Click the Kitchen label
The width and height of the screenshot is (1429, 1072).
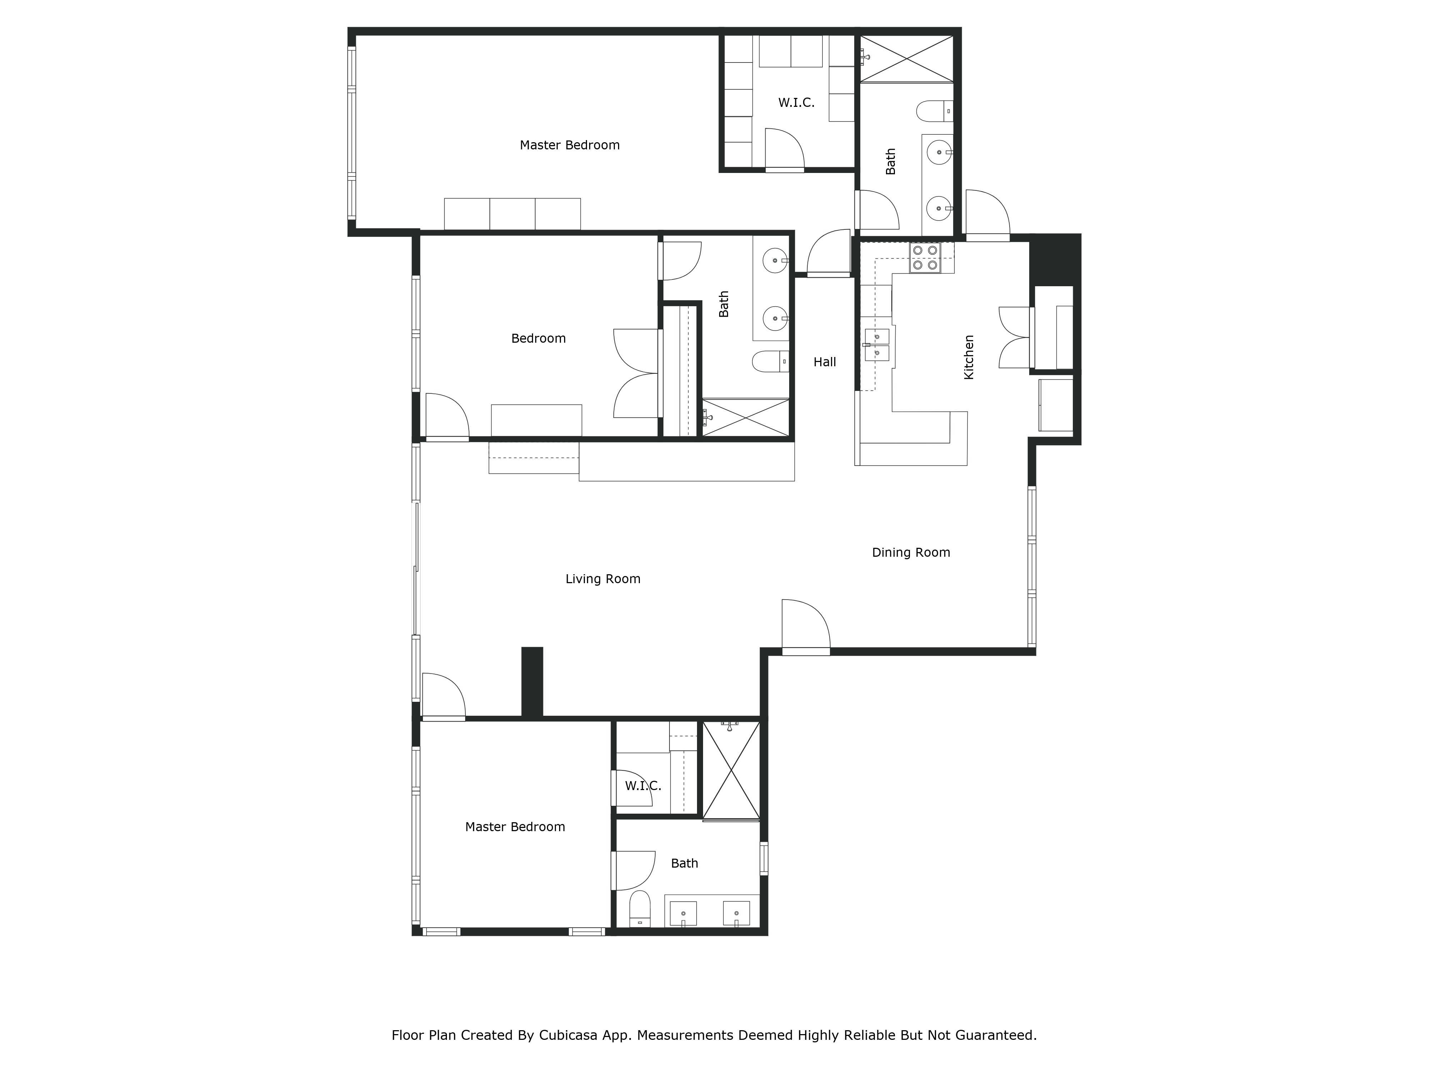pyautogui.click(x=969, y=357)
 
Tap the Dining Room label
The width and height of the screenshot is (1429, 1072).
pyautogui.click(x=911, y=552)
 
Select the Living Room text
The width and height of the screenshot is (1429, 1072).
pyautogui.click(x=603, y=579)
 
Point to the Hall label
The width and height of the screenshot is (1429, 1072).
pyautogui.click(x=824, y=362)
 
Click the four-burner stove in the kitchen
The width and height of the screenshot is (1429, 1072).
pyautogui.click(x=925, y=258)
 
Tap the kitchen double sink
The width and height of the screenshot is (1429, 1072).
pyautogui.click(x=877, y=344)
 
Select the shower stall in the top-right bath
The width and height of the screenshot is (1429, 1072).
pyautogui.click(x=906, y=59)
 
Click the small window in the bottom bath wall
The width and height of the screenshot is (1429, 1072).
pyautogui.click(x=763, y=858)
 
